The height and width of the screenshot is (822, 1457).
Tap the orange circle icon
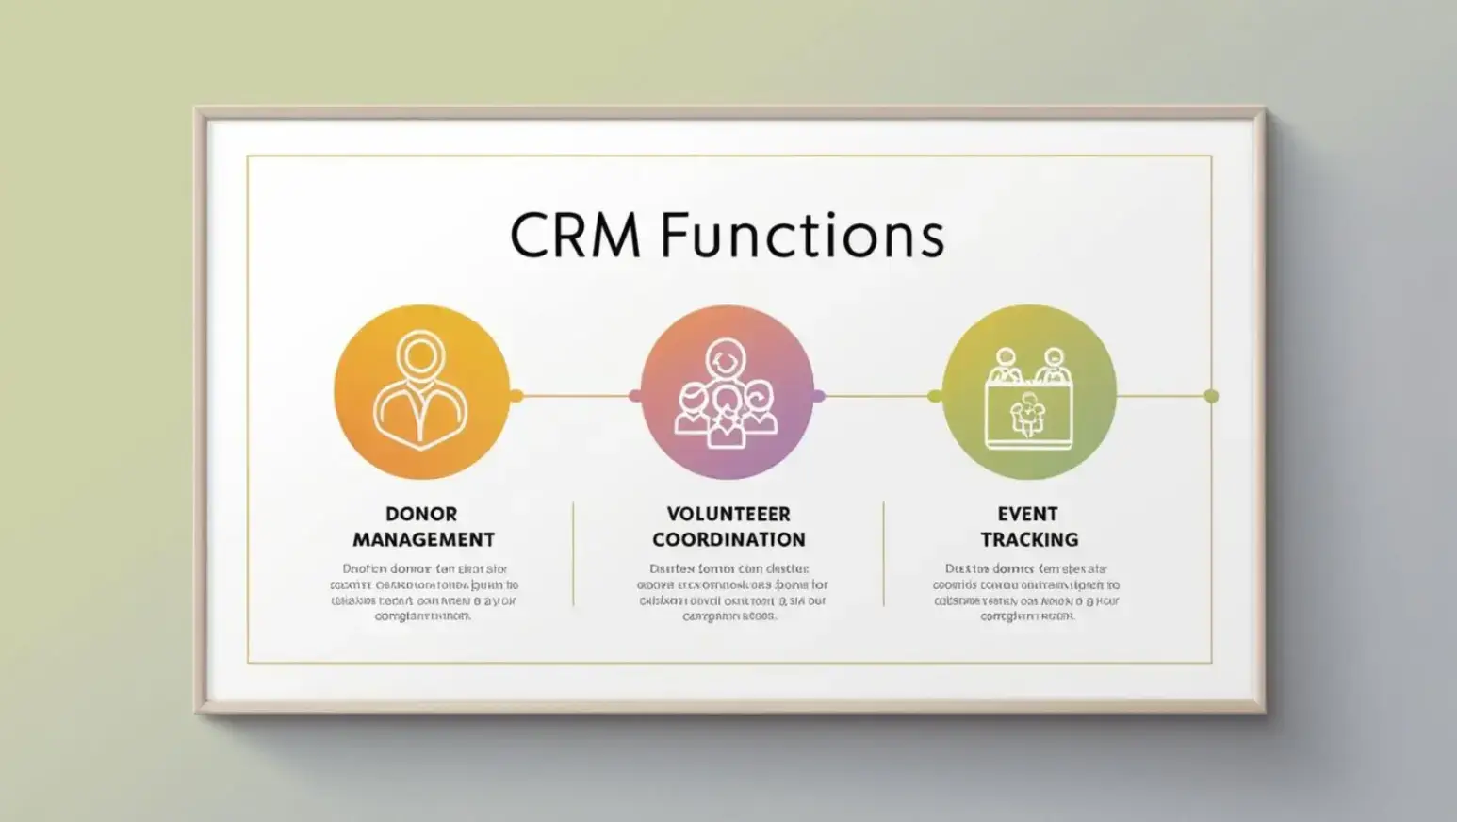[421, 392]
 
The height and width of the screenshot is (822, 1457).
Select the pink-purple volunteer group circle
[727, 392]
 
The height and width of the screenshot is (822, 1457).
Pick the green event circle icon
[1029, 392]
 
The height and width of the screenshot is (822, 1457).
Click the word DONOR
[421, 514]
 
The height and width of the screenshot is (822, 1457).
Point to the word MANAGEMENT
[423, 539]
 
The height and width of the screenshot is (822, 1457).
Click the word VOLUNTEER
[728, 514]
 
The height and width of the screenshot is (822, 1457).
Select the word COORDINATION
[728, 539]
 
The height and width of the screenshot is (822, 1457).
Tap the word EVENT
[1027, 514]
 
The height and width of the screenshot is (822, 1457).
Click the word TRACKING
[1029, 539]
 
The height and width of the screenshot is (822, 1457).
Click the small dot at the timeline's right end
[1211, 396]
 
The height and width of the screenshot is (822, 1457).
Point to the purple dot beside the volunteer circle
[818, 396]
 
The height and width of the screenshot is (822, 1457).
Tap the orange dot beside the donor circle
[516, 396]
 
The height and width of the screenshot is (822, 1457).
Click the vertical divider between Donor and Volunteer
[573, 554]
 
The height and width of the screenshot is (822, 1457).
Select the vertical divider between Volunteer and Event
[883, 554]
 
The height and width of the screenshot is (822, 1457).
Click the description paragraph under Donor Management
[423, 592]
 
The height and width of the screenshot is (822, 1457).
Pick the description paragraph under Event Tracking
[1027, 592]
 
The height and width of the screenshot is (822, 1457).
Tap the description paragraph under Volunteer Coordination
[730, 592]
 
